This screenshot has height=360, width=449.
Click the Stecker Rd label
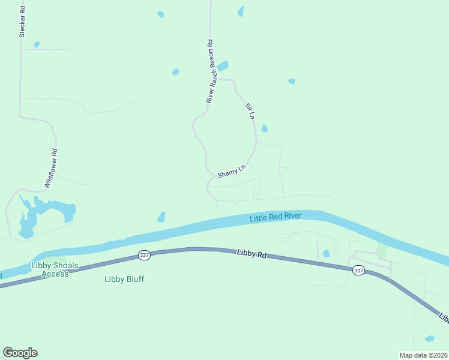(x=22, y=22)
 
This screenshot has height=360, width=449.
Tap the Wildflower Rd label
(x=50, y=169)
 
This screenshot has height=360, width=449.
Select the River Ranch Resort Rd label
(x=210, y=71)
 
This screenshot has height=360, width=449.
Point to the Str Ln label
(x=250, y=111)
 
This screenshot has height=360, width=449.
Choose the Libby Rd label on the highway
(x=251, y=254)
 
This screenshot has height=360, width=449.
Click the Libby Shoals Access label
(x=55, y=269)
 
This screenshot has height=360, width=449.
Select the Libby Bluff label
(x=124, y=279)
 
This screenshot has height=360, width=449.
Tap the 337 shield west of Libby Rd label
(x=144, y=255)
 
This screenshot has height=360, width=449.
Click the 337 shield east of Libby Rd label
(x=358, y=270)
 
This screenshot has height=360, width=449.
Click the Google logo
(x=20, y=353)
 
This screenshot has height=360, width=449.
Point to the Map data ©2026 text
(x=423, y=354)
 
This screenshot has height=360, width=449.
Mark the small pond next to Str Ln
(x=265, y=128)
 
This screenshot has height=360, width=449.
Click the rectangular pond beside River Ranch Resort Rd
(x=223, y=66)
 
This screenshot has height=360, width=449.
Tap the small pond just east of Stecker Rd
(x=37, y=44)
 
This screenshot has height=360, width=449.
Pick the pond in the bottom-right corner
(x=429, y=339)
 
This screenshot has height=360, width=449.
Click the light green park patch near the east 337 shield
(x=382, y=251)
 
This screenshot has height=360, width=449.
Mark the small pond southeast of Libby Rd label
(x=326, y=254)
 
